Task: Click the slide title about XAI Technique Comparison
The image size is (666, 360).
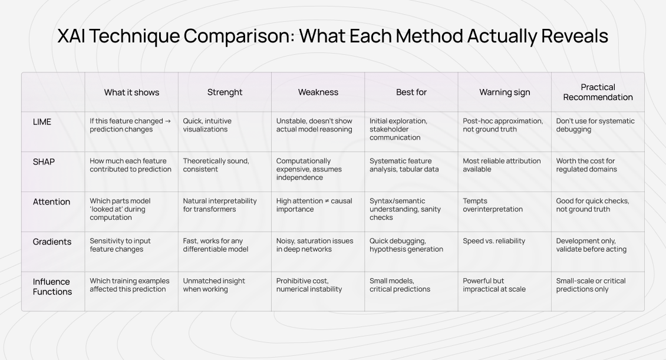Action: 332,37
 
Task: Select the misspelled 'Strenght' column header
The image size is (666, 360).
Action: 225,92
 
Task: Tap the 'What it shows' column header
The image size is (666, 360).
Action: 131,92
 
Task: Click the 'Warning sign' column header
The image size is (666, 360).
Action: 505,92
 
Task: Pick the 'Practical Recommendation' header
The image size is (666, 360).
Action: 598,92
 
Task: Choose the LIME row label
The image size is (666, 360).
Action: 42,121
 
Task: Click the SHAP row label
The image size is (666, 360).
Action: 43,161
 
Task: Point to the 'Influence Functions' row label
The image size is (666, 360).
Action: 52,286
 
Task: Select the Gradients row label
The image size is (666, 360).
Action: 52,242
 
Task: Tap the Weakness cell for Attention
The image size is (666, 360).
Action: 314,205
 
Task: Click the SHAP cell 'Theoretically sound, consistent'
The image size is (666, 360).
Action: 216,165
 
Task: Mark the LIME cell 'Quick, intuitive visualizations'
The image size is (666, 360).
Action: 207,125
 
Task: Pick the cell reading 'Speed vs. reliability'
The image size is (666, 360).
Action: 494,241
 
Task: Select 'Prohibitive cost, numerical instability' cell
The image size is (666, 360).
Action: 309,285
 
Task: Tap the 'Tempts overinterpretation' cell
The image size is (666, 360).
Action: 493,205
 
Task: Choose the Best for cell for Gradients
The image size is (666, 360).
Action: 406,245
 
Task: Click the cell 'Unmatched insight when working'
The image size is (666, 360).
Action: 214,285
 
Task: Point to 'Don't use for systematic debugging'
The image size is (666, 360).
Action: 595,125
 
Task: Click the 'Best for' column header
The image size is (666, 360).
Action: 411,92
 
